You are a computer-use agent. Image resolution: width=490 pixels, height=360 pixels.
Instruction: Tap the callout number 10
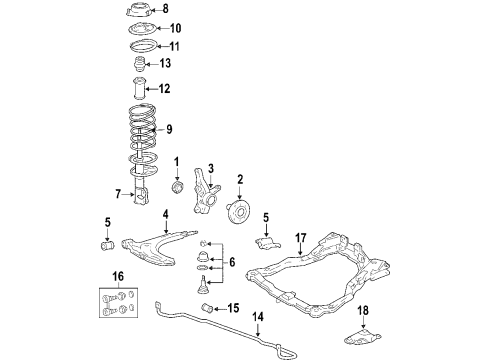pos(176,28)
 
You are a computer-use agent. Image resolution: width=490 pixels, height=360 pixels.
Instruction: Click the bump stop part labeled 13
pos(140,66)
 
